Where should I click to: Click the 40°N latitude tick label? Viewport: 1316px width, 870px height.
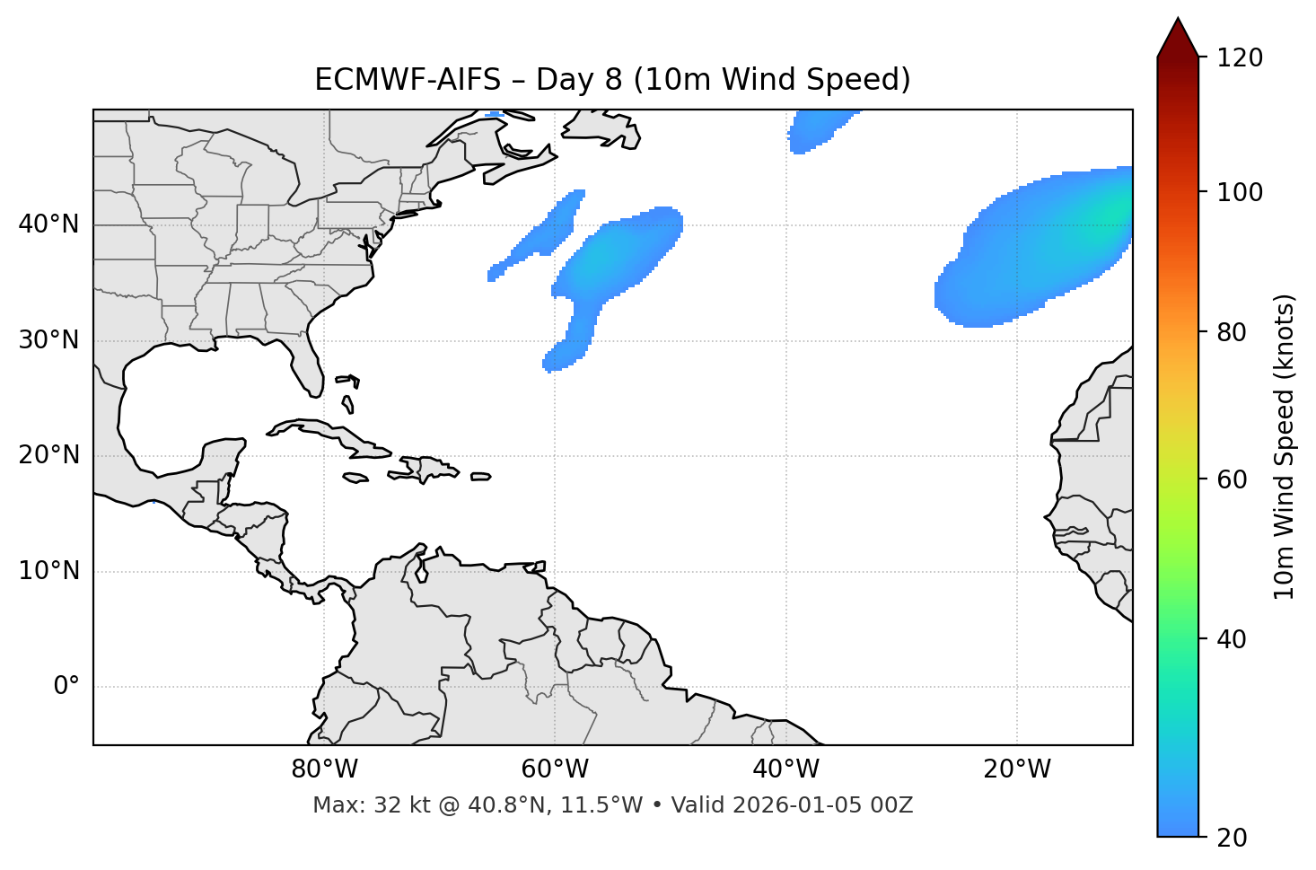coord(48,224)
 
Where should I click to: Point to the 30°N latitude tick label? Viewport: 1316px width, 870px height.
coord(48,340)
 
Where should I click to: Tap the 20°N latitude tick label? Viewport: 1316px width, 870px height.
coord(48,455)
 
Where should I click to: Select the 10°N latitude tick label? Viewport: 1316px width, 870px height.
coord(48,571)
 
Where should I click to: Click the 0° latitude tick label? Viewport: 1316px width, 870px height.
coord(66,687)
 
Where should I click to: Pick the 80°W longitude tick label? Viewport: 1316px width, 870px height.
coord(324,769)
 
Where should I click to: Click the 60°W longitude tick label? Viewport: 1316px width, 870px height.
coord(555,769)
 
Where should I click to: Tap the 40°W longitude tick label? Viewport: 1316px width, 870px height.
coord(785,769)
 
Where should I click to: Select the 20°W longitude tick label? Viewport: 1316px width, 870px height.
coord(1016,769)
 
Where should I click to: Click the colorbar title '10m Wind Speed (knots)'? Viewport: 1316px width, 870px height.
coord(1285,446)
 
